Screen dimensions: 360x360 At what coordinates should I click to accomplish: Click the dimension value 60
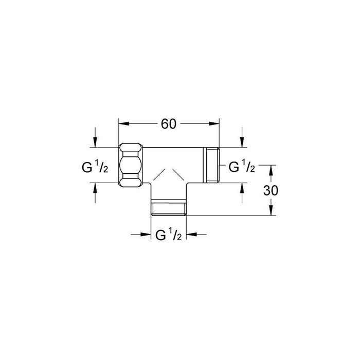tap(169, 124)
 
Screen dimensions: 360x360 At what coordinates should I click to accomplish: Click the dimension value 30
tap(272, 190)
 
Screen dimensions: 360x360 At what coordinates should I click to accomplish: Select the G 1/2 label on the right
tap(241, 167)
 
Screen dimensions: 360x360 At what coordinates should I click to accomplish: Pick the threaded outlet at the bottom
tap(169, 208)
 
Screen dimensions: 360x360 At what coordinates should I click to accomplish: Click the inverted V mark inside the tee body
tap(169, 173)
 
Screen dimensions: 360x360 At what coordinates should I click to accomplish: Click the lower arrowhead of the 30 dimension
tap(272, 212)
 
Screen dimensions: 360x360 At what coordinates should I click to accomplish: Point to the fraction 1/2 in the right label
tap(248, 167)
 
